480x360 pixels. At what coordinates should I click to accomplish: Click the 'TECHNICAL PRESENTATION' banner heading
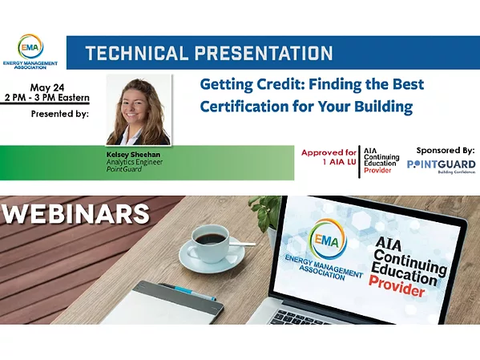tap(208, 54)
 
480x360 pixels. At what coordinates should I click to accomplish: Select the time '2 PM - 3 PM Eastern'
tap(50, 98)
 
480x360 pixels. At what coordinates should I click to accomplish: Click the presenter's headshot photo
tap(138, 110)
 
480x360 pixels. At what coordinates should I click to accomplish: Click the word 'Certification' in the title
tap(244, 105)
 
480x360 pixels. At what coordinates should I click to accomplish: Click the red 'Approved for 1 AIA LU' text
tap(328, 156)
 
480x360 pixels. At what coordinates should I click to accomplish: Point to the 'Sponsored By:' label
tap(445, 150)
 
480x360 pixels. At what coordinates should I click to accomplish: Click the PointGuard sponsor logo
tap(441, 166)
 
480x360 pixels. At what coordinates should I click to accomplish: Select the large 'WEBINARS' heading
tap(76, 214)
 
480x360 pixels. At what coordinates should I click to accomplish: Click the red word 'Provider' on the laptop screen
tap(397, 289)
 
